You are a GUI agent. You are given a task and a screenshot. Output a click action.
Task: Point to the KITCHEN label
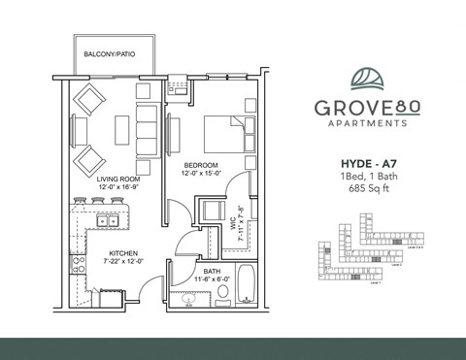tap(123, 253)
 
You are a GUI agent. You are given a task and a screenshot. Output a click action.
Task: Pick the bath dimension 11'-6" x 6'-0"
tap(212, 279)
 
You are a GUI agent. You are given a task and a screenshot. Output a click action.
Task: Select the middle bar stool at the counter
tap(98, 202)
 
